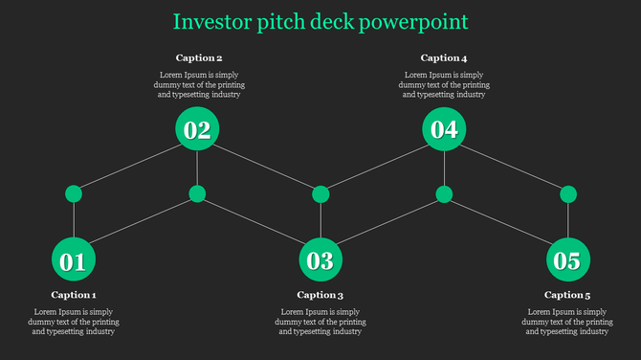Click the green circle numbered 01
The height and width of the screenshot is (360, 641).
point(73,260)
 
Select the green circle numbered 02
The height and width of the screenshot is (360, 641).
point(197,129)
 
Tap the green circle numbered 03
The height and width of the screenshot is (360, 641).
point(320,260)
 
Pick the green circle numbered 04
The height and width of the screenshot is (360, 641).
point(444,129)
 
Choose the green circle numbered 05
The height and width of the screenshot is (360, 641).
point(567,260)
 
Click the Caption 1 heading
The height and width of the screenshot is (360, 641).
point(74,295)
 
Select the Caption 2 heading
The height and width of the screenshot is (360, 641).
point(199,58)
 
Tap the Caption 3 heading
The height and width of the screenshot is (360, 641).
point(320,295)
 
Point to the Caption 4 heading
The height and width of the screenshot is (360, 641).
point(444,58)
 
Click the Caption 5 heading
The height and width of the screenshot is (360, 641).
point(567,295)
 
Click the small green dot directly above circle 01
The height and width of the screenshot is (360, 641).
point(73,194)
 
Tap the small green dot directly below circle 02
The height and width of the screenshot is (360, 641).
point(197,194)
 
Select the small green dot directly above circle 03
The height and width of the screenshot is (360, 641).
point(320,194)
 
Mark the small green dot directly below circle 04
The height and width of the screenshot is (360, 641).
point(444,194)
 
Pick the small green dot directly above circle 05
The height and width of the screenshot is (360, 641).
point(567,194)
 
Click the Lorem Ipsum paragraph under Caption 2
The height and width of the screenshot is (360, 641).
point(199,84)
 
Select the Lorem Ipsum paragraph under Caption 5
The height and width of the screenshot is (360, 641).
point(567,322)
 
